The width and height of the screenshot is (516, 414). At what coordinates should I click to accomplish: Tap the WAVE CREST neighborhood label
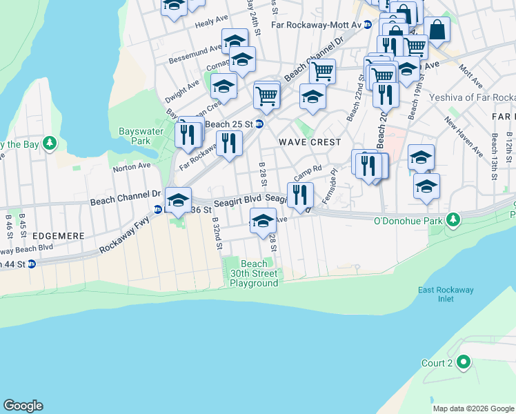(310, 142)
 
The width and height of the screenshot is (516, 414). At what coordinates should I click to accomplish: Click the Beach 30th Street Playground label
(254, 273)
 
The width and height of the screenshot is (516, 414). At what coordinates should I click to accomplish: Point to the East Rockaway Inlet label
(446, 294)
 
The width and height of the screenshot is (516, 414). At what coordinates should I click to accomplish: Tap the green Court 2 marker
(464, 362)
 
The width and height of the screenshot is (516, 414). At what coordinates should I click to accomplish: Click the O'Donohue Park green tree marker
(453, 220)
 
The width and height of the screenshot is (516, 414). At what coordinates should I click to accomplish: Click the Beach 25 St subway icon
(259, 124)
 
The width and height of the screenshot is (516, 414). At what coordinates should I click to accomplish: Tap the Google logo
(23, 406)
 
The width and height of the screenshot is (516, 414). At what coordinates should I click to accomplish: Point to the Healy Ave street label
(211, 23)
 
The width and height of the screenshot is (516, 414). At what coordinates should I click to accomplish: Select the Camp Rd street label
(308, 170)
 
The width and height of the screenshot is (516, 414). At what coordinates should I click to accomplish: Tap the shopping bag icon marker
(437, 30)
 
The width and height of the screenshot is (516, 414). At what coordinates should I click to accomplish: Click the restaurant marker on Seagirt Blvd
(300, 195)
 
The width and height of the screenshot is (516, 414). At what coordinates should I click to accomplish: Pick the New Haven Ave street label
(464, 137)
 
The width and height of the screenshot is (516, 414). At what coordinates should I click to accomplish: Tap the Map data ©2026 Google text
(473, 408)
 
